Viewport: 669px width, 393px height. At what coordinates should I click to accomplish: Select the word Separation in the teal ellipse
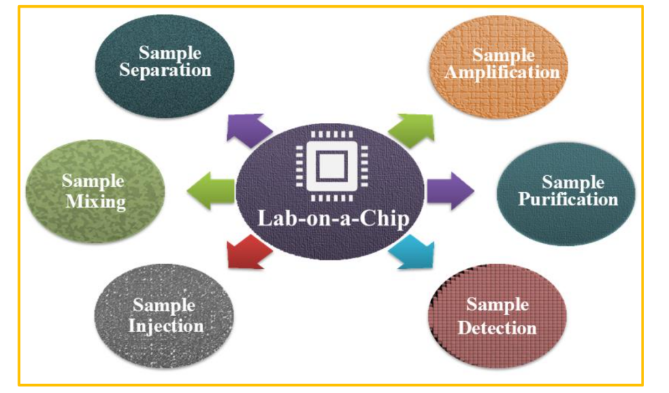click(x=165, y=70)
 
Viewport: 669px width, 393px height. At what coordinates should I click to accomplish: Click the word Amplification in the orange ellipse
click(x=502, y=72)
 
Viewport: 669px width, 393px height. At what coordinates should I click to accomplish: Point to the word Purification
click(x=568, y=199)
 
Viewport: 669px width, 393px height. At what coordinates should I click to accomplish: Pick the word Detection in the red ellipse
click(x=497, y=327)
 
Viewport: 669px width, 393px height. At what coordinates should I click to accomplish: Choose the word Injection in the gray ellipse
click(x=165, y=325)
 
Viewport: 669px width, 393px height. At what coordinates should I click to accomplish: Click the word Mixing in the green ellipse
click(x=96, y=201)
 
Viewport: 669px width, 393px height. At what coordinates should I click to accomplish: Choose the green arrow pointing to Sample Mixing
click(x=210, y=192)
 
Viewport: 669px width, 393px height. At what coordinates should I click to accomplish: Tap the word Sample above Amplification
click(x=503, y=55)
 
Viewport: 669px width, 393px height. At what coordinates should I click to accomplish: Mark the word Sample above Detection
click(x=497, y=305)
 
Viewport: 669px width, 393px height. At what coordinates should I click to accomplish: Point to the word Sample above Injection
click(x=164, y=305)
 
